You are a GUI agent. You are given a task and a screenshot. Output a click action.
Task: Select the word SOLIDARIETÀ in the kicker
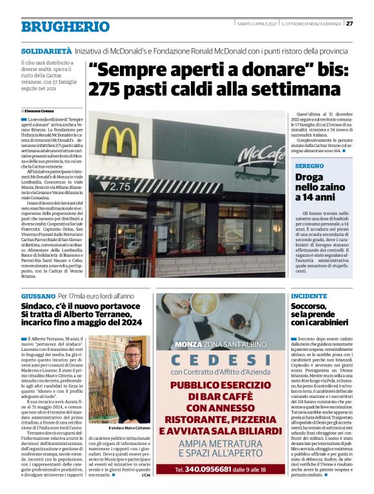point(46,50)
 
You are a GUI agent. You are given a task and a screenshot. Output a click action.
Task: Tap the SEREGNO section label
point(308,166)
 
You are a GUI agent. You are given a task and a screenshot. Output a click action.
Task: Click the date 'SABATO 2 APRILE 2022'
point(257,24)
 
